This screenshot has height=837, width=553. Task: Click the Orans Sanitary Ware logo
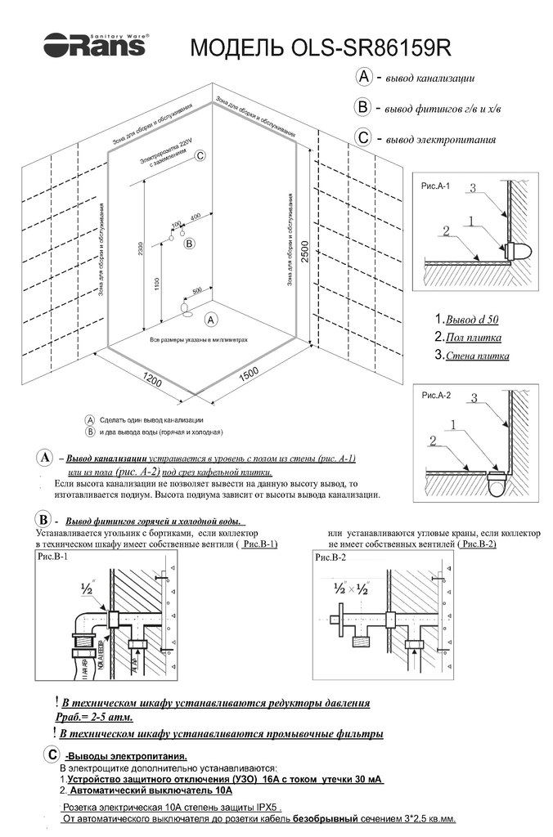coord(95,44)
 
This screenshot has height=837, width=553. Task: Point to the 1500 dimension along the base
coord(250,372)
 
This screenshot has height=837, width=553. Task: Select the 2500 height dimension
coord(303,246)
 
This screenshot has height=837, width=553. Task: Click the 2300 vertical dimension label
coord(141,246)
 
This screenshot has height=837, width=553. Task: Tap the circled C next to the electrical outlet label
coord(200,155)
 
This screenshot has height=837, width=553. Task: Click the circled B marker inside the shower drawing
coord(189,243)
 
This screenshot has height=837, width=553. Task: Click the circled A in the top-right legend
coord(365,77)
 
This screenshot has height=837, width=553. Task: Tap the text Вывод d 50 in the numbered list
coord(470,319)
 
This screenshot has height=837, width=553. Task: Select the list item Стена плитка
coord(476,356)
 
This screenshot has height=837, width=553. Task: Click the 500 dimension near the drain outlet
coord(197,290)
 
